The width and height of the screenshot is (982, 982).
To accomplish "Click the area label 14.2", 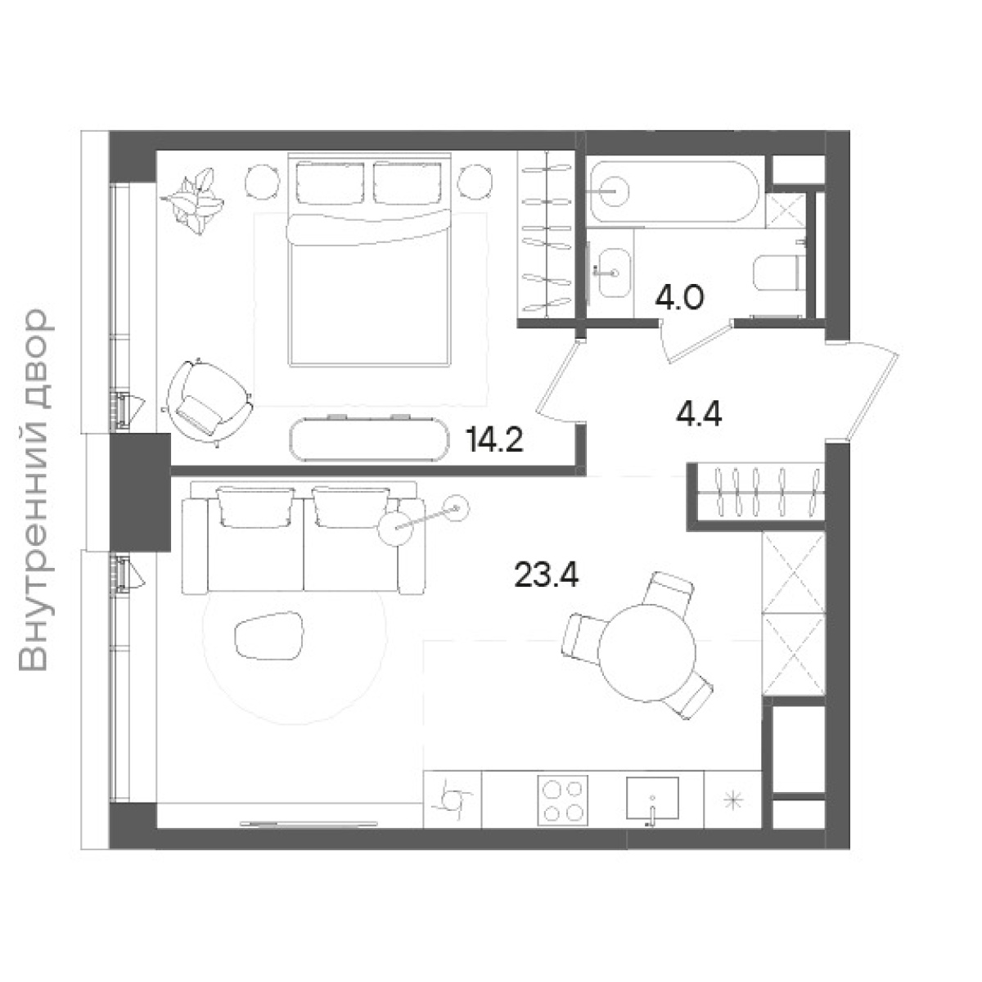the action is pyautogui.click(x=493, y=441).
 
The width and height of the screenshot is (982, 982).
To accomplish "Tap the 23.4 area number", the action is pyautogui.click(x=546, y=574).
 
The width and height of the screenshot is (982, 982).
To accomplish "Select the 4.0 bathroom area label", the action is pyautogui.click(x=679, y=298).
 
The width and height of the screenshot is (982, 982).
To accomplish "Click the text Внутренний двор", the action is pyautogui.click(x=34, y=490).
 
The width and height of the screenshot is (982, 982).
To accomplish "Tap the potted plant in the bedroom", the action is pyautogui.click(x=192, y=200).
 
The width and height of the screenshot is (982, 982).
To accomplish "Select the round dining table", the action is pyautogui.click(x=646, y=654).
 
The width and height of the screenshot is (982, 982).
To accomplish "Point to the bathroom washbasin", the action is pyautogui.click(x=614, y=273).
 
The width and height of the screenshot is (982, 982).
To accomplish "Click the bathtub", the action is pyautogui.click(x=674, y=191).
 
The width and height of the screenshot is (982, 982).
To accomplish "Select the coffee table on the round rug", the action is pyautogui.click(x=269, y=636).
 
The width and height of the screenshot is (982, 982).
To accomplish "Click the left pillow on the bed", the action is pyautogui.click(x=331, y=182).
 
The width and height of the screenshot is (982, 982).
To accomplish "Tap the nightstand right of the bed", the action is pyautogui.click(x=475, y=181).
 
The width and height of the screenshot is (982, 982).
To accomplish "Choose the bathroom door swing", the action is pyautogui.click(x=695, y=340).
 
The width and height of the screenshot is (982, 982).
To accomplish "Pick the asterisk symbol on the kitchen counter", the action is pyautogui.click(x=733, y=800).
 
